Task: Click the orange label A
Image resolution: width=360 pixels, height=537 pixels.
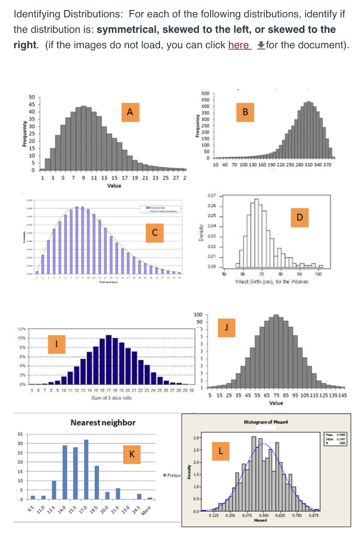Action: [130, 111]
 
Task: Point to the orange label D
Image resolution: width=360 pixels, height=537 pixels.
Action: [299, 216]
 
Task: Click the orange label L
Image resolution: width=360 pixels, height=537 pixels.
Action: [221, 450]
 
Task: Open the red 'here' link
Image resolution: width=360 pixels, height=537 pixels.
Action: [238, 45]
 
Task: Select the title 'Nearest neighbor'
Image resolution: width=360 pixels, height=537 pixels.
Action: [102, 422]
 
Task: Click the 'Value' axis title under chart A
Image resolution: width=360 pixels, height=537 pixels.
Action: [114, 186]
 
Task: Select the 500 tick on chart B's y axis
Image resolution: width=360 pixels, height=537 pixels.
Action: [205, 93]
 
